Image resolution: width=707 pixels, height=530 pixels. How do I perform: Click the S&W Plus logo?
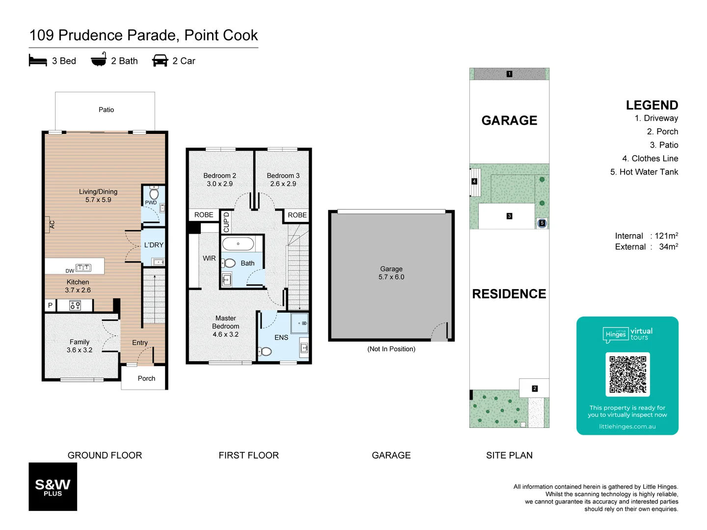pos(53,486)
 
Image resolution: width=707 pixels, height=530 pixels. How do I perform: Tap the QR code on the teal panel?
pos(627,374)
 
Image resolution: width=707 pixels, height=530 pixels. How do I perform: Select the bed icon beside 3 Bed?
pos(38,61)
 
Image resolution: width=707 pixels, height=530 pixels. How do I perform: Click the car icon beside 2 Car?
pos(160,61)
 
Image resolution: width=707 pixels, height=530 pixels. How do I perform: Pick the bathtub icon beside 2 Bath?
pos(99,60)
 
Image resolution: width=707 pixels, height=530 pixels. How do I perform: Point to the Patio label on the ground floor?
pos(106,110)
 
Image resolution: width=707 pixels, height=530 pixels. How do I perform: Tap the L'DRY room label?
pos(154,245)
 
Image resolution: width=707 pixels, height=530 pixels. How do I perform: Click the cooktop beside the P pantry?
pos(75,306)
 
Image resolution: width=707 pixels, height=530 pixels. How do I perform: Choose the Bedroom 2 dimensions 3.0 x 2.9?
pos(219,184)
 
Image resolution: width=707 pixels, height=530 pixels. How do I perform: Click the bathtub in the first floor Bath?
pos(238,244)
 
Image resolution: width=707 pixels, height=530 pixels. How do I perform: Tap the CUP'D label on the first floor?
pos(226,222)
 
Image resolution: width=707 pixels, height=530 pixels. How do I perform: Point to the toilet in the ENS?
pos(265,351)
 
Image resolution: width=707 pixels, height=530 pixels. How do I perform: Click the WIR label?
pos(209,258)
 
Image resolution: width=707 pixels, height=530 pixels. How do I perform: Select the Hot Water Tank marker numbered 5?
pos(542,223)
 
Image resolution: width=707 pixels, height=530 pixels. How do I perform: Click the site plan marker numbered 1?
pos(509,74)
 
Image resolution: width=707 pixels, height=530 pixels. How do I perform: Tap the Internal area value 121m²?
pos(666,236)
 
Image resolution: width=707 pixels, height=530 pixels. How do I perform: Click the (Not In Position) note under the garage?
pos(391,349)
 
